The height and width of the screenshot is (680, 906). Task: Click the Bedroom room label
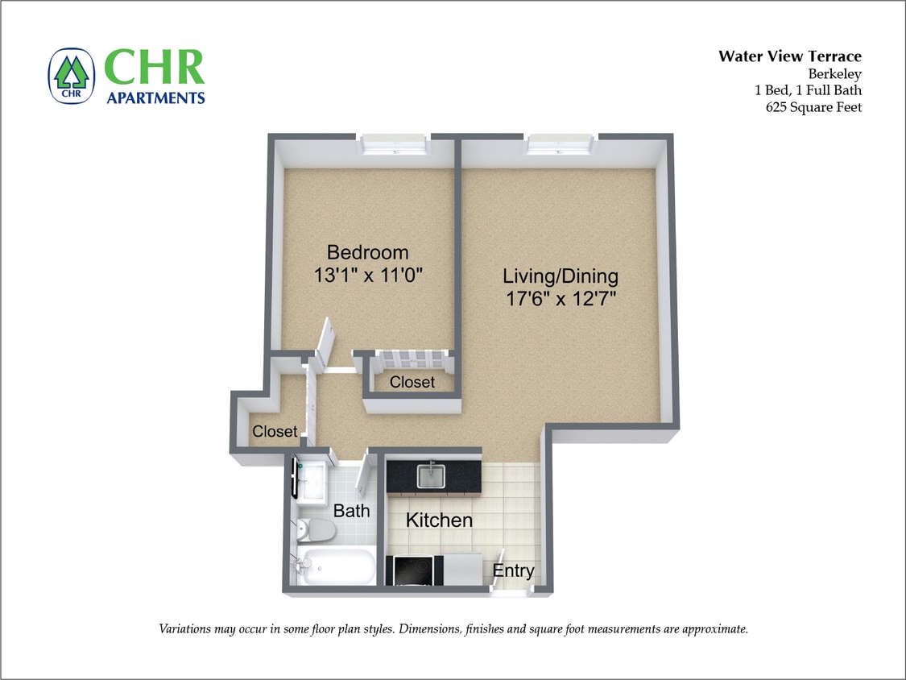[x=367, y=252]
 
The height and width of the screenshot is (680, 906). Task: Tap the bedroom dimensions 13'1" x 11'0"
[x=368, y=275]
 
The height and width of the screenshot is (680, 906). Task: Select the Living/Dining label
[x=561, y=276]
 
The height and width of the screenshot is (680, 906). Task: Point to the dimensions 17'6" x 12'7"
[x=561, y=299]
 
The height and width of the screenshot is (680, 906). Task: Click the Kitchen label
[x=439, y=520]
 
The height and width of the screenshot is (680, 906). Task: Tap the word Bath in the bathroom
[x=352, y=511]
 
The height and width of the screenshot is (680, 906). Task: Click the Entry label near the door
[x=513, y=571]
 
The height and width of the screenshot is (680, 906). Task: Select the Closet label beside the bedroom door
[x=412, y=382]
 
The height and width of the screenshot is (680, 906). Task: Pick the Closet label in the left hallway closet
[x=275, y=432]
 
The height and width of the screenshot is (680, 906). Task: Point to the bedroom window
[x=394, y=146]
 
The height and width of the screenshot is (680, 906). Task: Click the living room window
[x=561, y=146]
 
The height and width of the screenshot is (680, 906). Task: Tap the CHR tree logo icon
[x=72, y=77]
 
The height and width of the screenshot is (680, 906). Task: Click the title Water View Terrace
[x=789, y=56]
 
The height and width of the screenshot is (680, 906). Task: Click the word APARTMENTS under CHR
[x=155, y=97]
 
